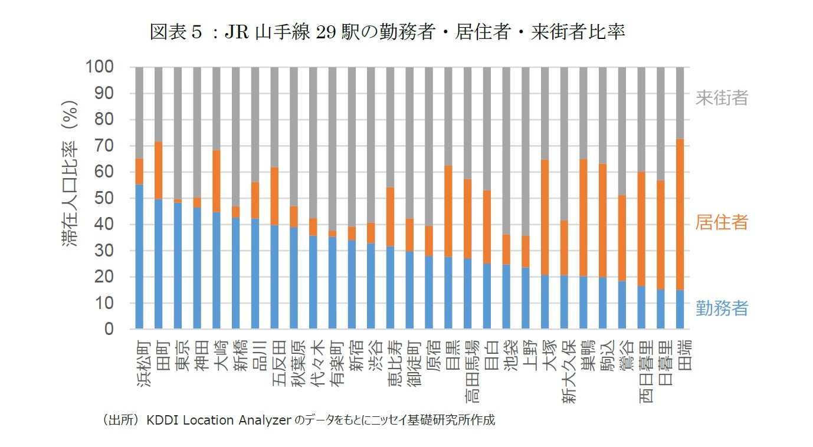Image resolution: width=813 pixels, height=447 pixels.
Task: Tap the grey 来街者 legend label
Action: pos(721,97)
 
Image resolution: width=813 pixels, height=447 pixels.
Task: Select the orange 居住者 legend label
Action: pos(721,222)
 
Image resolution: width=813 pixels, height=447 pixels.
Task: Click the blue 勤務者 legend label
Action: pos(721,308)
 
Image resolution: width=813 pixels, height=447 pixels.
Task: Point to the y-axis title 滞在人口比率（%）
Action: pos(71,198)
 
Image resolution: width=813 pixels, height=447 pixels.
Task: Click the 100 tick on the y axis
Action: pos(104,67)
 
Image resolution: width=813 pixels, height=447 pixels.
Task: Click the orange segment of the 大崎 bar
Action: pos(217,181)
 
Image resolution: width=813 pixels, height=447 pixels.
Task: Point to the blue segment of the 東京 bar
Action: pos(178,265)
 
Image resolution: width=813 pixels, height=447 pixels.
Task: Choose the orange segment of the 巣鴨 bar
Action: pos(583,218)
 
